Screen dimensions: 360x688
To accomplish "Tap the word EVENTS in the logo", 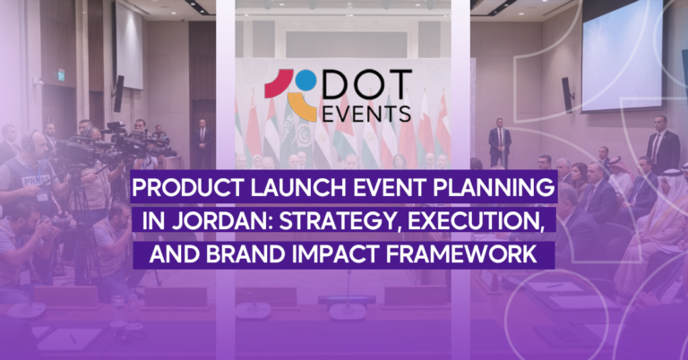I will [x=369, y=114].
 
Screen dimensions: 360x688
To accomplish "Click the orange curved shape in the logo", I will [x=302, y=108].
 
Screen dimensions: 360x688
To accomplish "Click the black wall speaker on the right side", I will [x=566, y=95].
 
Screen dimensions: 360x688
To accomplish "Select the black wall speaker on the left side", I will [x=118, y=93].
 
